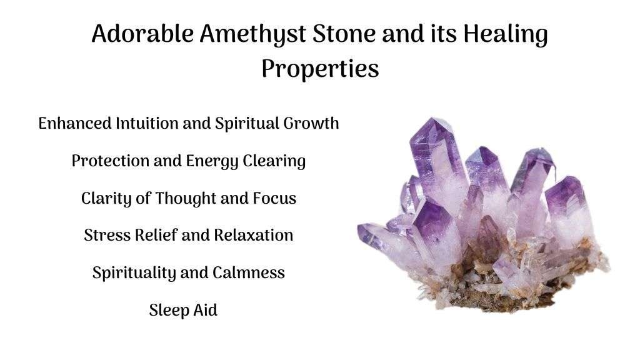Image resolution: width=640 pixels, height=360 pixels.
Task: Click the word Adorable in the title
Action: click(142, 34)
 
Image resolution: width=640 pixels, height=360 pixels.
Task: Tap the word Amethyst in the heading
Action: click(253, 35)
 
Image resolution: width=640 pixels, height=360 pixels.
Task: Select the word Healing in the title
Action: click(505, 35)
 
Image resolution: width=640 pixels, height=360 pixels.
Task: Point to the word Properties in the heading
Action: click(320, 69)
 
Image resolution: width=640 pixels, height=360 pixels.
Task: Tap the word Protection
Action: click(110, 161)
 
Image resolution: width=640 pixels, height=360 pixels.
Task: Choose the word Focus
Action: click(274, 198)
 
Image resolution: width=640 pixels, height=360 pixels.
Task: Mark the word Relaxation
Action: click(254, 235)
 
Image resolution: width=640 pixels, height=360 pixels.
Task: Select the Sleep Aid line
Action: click(183, 311)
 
